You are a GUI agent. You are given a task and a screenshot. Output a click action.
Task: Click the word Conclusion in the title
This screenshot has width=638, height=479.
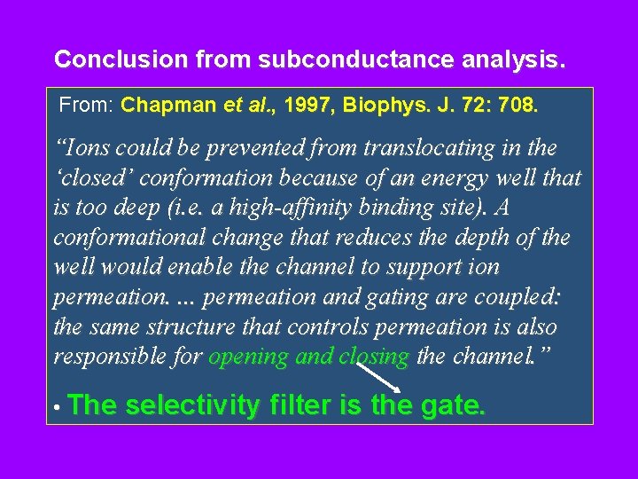pos(109,59)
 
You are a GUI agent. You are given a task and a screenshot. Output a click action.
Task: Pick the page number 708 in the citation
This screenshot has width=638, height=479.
pos(517,106)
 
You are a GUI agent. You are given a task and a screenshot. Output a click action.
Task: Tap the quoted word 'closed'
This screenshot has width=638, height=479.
pos(92,177)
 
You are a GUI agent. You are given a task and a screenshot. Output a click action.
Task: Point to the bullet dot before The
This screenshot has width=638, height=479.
pos(56,409)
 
